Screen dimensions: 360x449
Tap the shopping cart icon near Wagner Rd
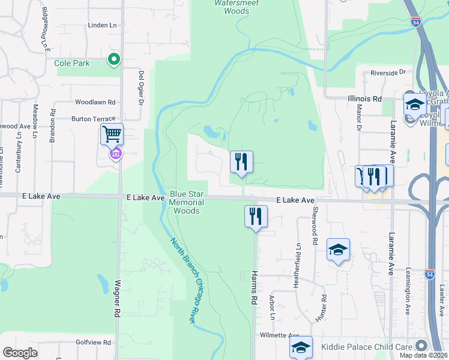point(112,134)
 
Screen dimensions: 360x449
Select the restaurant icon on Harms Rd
point(256,216)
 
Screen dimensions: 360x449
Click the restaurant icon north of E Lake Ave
point(241,161)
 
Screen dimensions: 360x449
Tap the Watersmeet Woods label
point(232,7)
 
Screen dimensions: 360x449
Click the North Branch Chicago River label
point(184,281)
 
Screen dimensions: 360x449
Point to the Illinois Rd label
point(364,98)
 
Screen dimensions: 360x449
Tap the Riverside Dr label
point(388,73)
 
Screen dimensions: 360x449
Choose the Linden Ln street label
point(101,25)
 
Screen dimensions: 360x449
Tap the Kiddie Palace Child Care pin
point(421,346)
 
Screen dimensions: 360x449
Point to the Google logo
point(20,353)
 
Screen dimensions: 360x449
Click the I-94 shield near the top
point(416,22)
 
